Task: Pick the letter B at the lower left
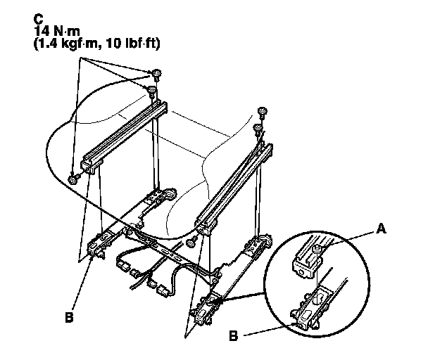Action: (x=68, y=318)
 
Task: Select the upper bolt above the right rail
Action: (x=263, y=111)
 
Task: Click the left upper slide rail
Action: (x=123, y=134)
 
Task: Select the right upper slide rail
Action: (x=236, y=186)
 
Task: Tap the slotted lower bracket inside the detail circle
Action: (x=310, y=309)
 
